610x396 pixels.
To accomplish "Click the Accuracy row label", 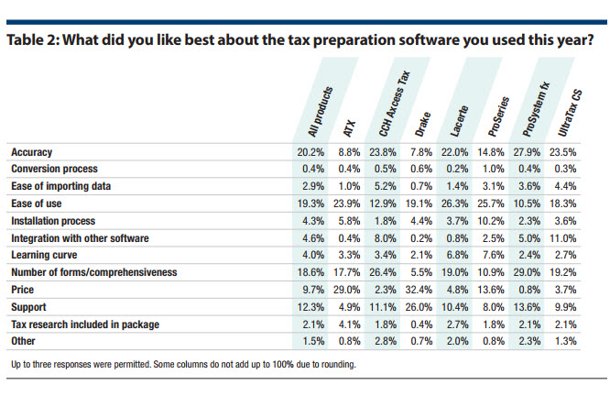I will tap(33, 151).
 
